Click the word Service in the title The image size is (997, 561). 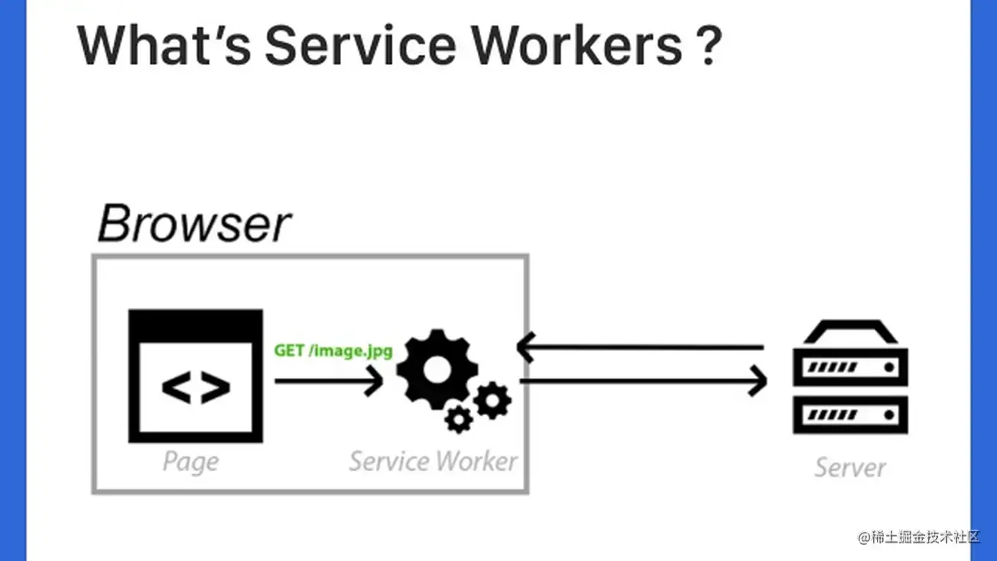(359, 45)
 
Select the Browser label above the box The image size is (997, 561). (194, 224)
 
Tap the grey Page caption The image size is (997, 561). (190, 462)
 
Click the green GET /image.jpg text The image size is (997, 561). (333, 352)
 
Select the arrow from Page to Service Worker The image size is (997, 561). (329, 380)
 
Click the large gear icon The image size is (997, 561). (437, 370)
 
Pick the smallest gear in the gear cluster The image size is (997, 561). (459, 418)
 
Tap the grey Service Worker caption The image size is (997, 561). (433, 462)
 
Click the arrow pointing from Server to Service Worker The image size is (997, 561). (641, 348)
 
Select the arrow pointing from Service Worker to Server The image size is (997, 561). (642, 380)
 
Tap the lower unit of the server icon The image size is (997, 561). (850, 414)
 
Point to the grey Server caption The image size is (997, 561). (849, 467)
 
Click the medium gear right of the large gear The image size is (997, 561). (492, 400)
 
